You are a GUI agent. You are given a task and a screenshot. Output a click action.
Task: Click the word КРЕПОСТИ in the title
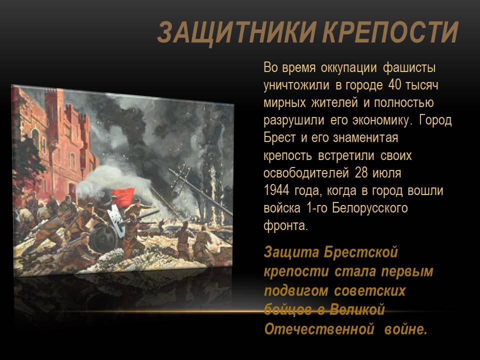pos(391,32)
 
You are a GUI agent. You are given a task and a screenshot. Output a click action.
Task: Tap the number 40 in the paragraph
pos(394,85)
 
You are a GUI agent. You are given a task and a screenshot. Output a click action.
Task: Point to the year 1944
pos(276,190)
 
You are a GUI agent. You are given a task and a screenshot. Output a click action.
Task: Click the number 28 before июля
pos(361,173)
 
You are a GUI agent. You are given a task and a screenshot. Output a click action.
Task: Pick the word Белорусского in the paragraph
pos(370,208)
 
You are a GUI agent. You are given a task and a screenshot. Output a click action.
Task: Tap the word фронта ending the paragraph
pos(285,226)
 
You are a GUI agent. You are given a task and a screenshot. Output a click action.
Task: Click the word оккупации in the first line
pos(348,67)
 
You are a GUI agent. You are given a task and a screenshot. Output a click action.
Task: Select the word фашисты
pos(409,67)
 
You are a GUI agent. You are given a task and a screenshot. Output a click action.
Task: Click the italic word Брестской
pos(360,252)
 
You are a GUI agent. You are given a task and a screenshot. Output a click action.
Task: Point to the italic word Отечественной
pos(319,329)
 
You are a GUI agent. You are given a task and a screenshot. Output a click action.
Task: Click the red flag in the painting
pos(123,196)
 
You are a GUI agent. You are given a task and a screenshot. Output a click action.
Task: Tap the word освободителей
pos(306,173)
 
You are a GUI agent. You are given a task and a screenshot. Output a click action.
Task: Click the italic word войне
pos(405,329)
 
